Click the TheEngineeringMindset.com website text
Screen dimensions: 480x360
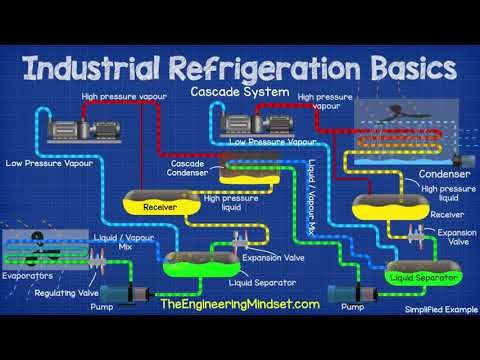tap(237, 304)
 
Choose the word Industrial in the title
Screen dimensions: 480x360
tap(97, 69)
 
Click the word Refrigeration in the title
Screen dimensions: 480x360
tap(263, 69)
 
